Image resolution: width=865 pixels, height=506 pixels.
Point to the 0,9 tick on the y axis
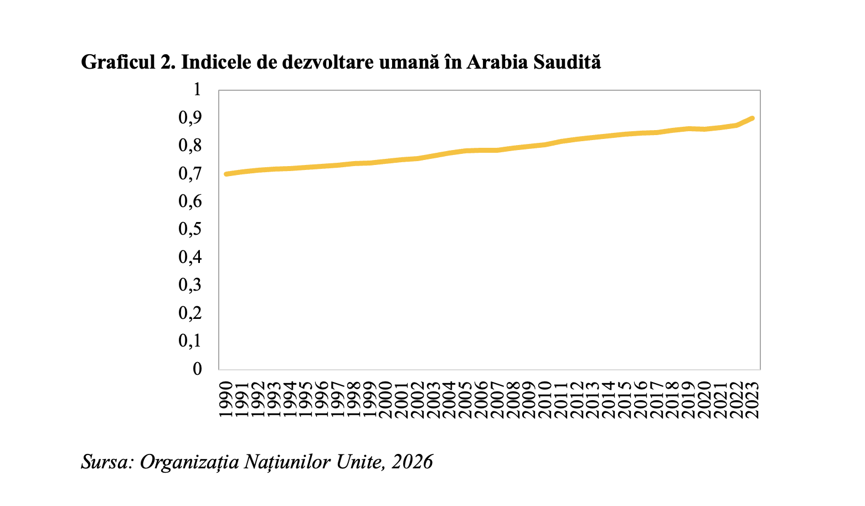(190, 118)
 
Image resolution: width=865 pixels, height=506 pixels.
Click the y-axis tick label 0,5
(190, 229)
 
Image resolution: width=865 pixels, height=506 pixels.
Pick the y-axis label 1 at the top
(197, 90)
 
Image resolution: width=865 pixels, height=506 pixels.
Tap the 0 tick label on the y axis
(197, 369)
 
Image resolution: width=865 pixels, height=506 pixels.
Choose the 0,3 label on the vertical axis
(190, 285)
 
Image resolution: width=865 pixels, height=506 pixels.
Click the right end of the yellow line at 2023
(752, 118)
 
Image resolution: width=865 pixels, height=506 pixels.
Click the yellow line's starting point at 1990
(226, 174)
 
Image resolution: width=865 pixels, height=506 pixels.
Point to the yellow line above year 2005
(466, 151)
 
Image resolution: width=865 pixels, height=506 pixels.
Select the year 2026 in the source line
(412, 462)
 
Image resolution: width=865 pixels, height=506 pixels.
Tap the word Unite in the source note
(360, 462)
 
